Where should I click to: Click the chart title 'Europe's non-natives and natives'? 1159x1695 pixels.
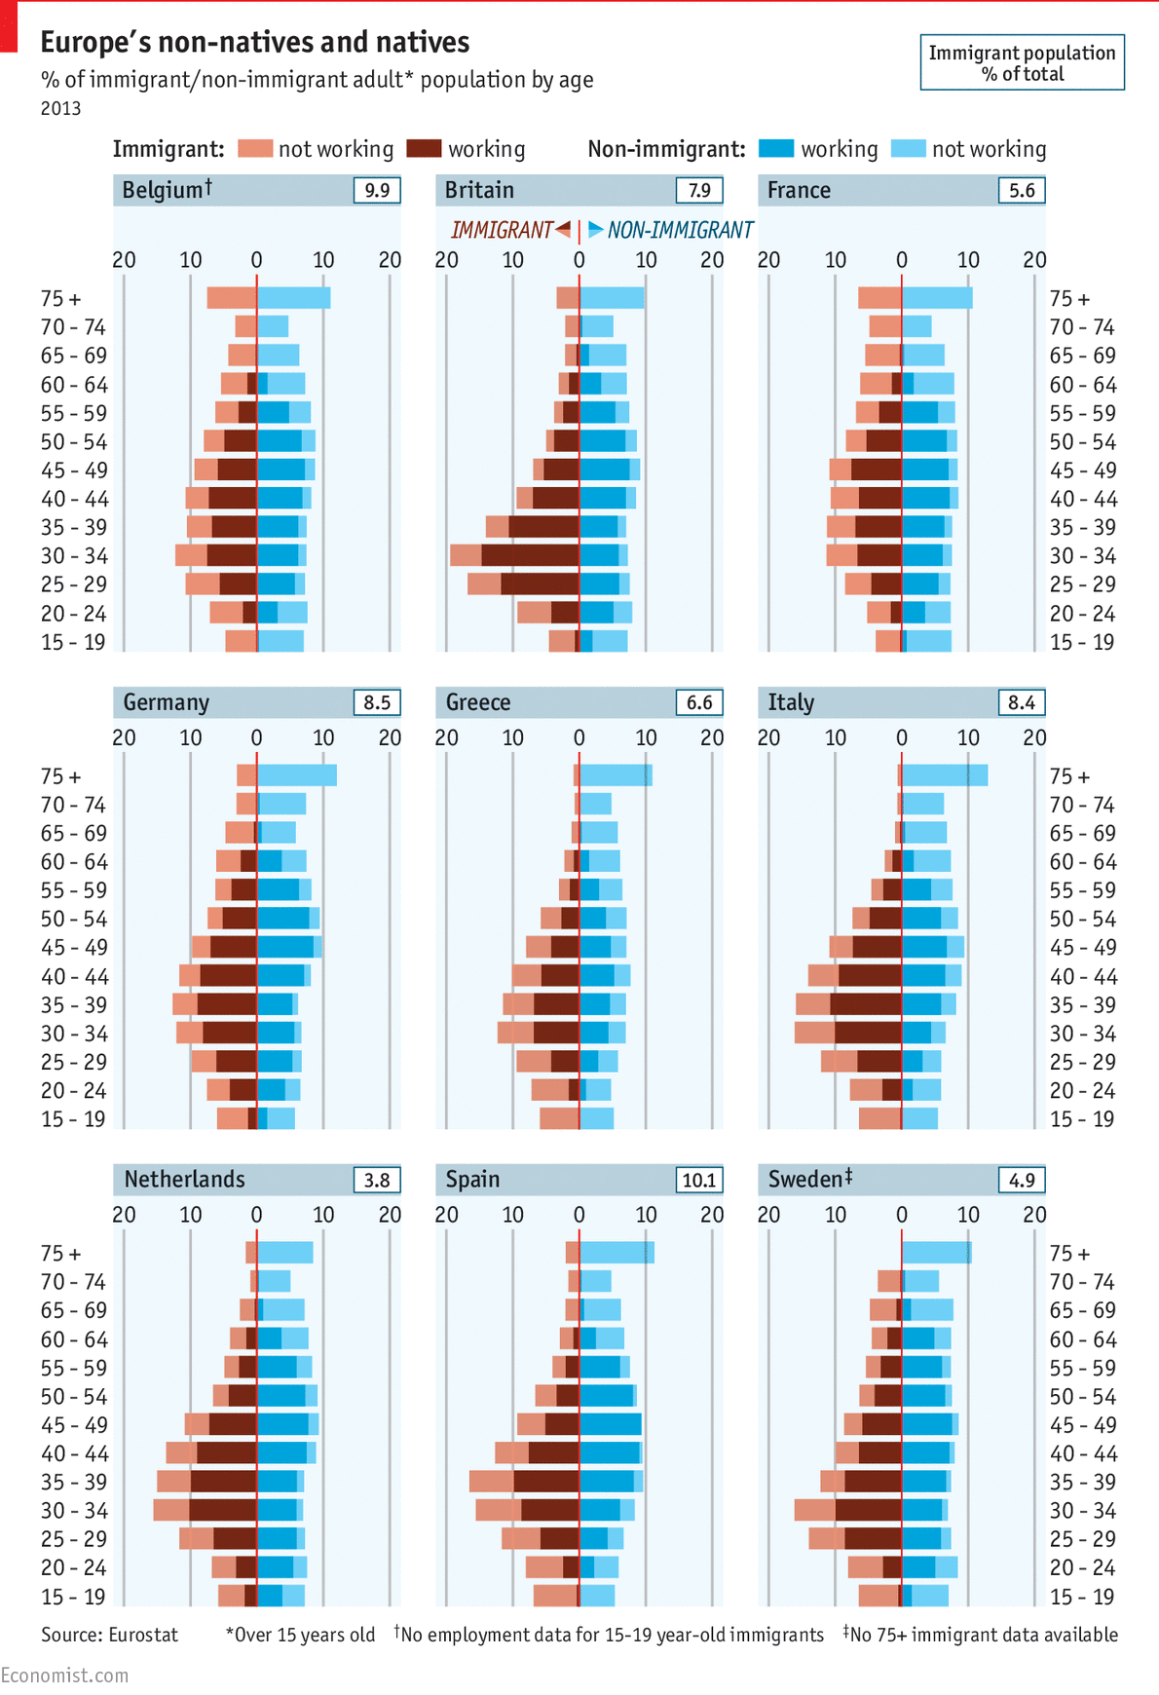[254, 43]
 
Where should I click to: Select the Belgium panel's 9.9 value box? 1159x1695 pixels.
[377, 190]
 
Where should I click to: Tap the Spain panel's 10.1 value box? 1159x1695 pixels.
[699, 1180]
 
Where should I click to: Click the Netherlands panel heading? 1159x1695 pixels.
[185, 1180]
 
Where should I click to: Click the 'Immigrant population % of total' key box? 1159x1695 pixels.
[1022, 63]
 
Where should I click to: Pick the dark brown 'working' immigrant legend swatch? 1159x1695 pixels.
[424, 149]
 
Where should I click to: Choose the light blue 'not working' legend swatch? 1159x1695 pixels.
[908, 149]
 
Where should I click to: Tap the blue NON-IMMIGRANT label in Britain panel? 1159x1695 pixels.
[672, 230]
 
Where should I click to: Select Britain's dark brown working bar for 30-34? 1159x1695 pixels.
[530, 555]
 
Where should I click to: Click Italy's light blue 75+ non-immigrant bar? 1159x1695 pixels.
[944, 775]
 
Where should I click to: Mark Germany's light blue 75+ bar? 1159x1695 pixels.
[297, 775]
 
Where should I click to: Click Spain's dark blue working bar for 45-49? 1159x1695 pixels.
[611, 1424]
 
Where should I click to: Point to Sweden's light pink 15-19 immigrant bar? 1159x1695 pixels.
[878, 1596]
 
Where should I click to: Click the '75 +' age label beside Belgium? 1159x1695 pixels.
[60, 299]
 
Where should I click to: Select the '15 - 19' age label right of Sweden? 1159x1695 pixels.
[1081, 1597]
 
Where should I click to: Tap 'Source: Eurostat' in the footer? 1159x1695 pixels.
[109, 1635]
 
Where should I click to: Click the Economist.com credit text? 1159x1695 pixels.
[64, 1675]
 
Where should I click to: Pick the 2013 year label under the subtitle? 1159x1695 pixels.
[60, 108]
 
